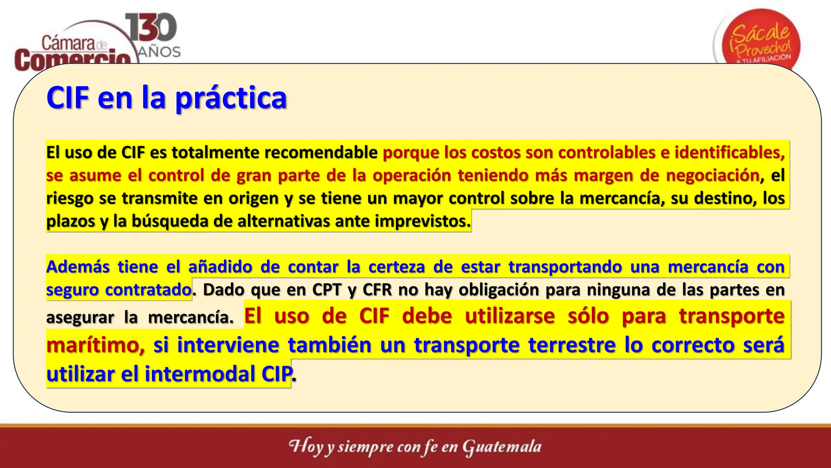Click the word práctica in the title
coord(231,99)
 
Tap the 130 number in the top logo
coord(151,28)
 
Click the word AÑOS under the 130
coord(159,52)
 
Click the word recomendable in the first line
coord(321,152)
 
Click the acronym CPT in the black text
coord(327,290)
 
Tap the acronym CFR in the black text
coord(377,290)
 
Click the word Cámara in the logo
coord(68,43)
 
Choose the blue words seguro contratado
coord(118,290)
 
